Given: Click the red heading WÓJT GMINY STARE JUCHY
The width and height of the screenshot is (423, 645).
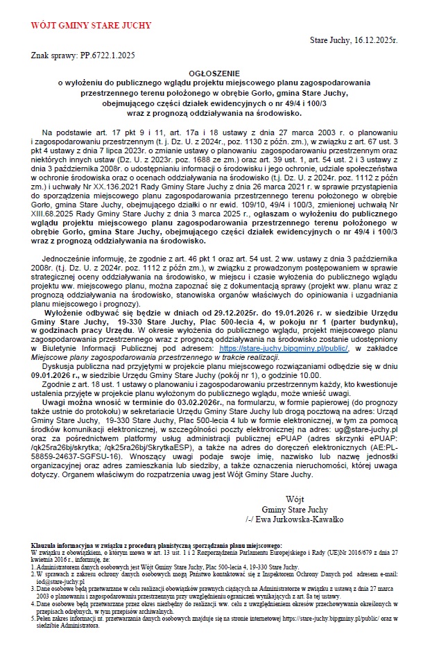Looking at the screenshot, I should pyautogui.click(x=91, y=26).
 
